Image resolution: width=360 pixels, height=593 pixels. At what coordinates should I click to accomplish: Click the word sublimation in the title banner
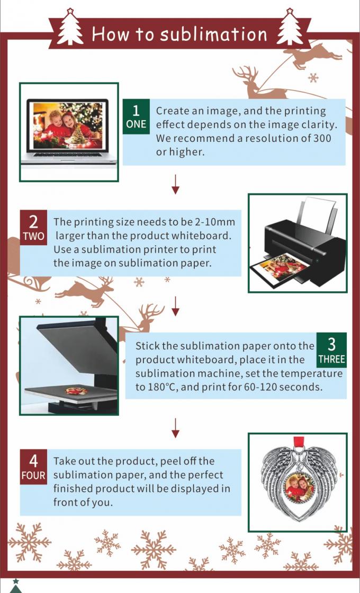click(214, 35)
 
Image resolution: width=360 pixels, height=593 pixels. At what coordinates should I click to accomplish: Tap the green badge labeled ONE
click(136, 116)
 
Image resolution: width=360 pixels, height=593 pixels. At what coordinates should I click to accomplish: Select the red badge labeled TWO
click(34, 228)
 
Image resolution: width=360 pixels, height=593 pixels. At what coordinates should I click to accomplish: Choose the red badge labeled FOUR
click(34, 466)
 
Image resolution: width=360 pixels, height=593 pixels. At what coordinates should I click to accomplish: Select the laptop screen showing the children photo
click(68, 125)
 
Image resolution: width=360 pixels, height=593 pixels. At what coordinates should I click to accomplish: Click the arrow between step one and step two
click(175, 184)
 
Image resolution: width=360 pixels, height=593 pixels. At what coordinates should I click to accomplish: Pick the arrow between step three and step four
click(175, 428)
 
